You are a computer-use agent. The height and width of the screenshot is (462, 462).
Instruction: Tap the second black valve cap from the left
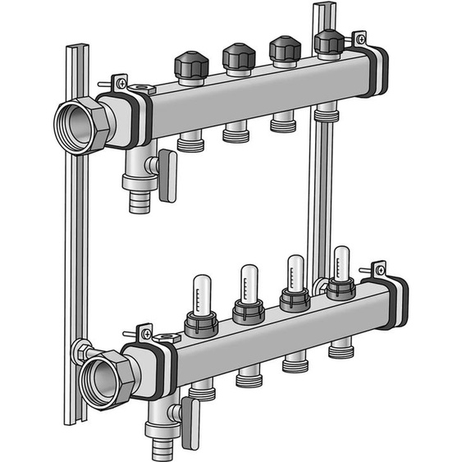tap(238, 57)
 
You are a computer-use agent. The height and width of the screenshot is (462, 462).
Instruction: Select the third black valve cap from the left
tap(285, 48)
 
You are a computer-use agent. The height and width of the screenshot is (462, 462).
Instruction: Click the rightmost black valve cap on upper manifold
tap(328, 42)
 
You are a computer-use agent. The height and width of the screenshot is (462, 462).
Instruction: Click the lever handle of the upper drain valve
tap(167, 175)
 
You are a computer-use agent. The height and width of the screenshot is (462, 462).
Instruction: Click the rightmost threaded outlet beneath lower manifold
tap(340, 350)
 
